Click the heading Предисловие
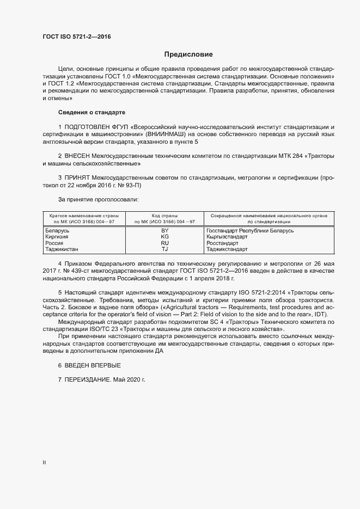click(188, 54)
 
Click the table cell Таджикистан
click(61, 249)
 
